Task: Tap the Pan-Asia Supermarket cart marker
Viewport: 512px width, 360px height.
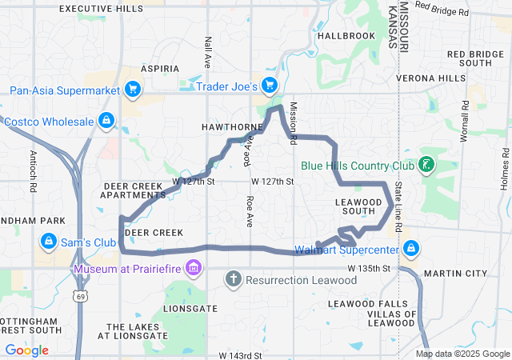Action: coord(134,90)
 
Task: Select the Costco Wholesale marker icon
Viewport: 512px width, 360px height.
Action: coord(105,122)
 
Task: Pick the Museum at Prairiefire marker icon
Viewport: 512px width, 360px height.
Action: coord(193,267)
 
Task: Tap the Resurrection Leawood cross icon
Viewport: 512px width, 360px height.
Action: coord(233,280)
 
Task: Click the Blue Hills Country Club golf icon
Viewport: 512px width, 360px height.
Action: coord(426,166)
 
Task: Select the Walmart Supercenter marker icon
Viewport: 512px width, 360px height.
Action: coord(411,248)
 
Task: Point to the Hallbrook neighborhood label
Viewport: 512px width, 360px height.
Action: coord(346,36)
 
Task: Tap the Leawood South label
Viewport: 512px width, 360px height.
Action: coord(354,206)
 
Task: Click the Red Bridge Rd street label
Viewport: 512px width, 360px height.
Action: coord(443,8)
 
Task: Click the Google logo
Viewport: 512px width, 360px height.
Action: coord(26,350)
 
